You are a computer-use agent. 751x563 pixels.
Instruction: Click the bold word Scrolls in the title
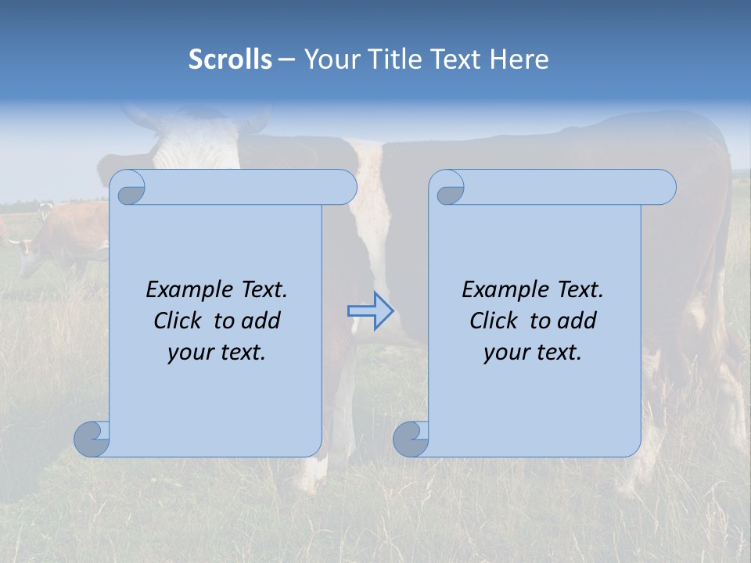click(x=231, y=59)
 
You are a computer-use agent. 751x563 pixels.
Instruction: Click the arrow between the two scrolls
click(x=370, y=311)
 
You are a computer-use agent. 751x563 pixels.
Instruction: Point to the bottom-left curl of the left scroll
click(x=92, y=439)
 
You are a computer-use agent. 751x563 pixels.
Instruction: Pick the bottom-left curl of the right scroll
click(x=411, y=439)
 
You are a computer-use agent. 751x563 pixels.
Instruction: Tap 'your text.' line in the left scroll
click(x=217, y=353)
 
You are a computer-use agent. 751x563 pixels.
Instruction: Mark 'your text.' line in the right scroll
click(x=533, y=353)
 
